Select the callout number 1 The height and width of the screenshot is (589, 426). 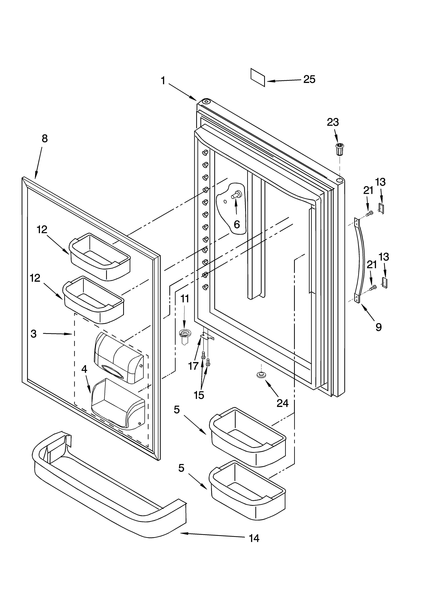click(163, 81)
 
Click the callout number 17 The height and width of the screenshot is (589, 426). click(193, 366)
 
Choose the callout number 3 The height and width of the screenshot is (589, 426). click(33, 334)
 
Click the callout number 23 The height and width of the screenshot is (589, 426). click(333, 122)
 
